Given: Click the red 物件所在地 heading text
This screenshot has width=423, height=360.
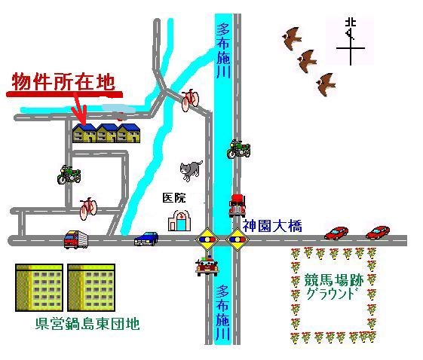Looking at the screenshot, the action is click(63, 81).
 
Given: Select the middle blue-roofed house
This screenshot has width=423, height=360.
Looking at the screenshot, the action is click(107, 133).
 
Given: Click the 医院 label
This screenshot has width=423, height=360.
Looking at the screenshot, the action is click(174, 198).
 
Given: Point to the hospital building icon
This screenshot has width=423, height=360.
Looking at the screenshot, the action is click(179, 221).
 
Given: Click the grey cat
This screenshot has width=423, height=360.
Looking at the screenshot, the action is click(191, 170).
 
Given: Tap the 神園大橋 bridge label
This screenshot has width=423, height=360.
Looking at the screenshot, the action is click(272, 226).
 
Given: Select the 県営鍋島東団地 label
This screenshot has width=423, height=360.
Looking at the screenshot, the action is click(87, 324).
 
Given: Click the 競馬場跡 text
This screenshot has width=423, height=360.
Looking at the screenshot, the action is click(334, 281).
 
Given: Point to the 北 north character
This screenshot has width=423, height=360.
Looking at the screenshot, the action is click(351, 23).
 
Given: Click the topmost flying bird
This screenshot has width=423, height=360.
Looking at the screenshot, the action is click(291, 38).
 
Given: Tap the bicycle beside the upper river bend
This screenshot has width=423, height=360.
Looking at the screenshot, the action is click(190, 100).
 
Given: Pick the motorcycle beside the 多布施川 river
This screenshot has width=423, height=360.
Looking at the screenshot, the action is click(238, 149).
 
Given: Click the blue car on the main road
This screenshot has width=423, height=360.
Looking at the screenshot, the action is click(146, 239).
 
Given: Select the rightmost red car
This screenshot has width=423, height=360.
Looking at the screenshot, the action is click(378, 232).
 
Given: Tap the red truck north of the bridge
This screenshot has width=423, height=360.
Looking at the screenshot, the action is click(237, 206).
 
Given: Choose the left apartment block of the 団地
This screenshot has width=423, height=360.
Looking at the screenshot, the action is click(39, 288).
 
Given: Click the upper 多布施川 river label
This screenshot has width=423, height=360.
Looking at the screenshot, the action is click(223, 50).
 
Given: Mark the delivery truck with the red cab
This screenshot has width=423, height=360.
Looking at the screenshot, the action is click(76, 239).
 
